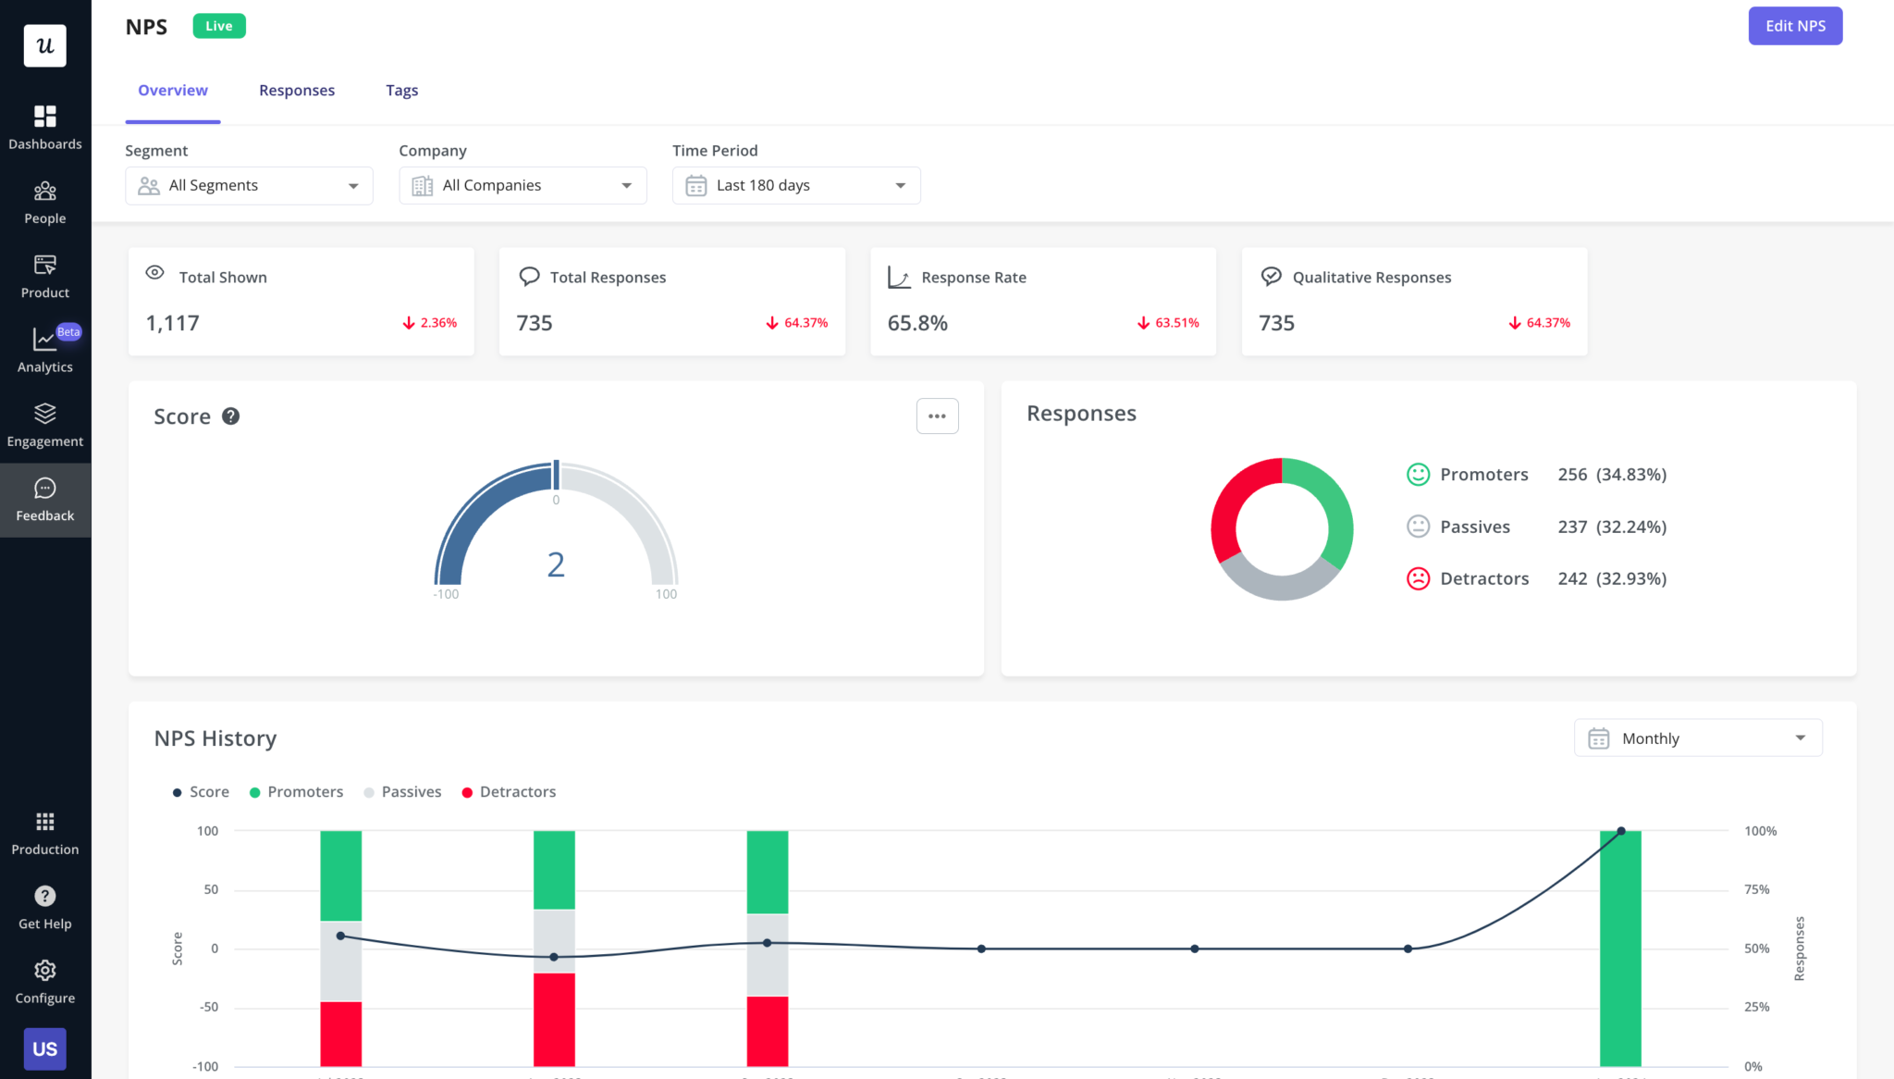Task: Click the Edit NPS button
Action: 1794,26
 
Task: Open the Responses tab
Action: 297,91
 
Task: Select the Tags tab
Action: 401,91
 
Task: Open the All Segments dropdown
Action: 249,186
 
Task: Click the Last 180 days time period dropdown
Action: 795,186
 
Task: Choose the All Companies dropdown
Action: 523,186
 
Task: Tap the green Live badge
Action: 219,26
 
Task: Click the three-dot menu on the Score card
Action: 937,416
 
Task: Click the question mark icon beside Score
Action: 231,416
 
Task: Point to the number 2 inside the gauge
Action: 556,564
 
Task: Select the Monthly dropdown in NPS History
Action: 1698,738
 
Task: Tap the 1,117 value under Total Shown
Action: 173,323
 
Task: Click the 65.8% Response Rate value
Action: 917,323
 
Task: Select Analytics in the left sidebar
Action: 45,350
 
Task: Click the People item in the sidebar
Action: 45,203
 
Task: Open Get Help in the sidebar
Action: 45,907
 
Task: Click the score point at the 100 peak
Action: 1621,831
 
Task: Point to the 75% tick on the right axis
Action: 1756,890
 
